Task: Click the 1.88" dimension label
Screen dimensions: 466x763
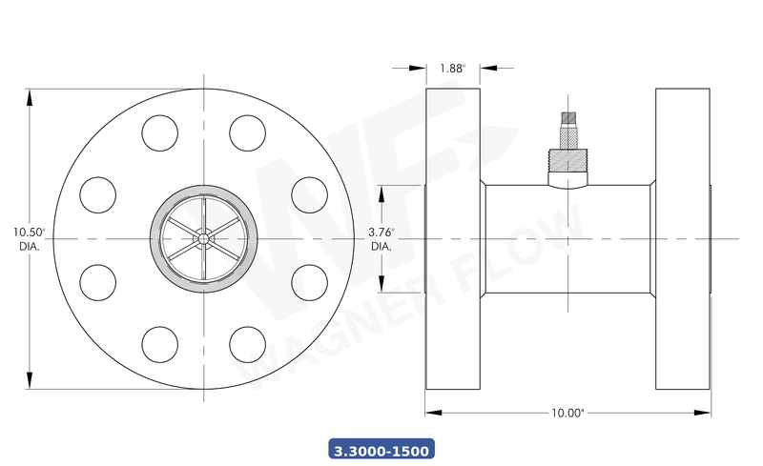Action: point(453,68)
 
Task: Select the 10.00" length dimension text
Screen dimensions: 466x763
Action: point(567,413)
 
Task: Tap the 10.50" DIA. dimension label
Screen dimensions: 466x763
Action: point(30,238)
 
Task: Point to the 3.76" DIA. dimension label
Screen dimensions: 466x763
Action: point(381,238)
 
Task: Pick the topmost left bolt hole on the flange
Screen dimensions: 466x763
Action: point(159,132)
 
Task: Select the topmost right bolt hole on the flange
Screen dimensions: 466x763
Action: point(247,132)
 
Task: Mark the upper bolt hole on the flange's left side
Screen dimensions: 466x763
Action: point(97,193)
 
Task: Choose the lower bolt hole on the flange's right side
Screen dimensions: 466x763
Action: point(308,281)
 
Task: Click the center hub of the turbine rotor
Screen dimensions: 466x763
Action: point(203,237)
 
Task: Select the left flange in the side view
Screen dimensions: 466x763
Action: point(453,238)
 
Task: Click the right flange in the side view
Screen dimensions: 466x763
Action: point(683,238)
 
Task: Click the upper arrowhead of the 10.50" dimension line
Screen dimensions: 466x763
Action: point(31,93)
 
